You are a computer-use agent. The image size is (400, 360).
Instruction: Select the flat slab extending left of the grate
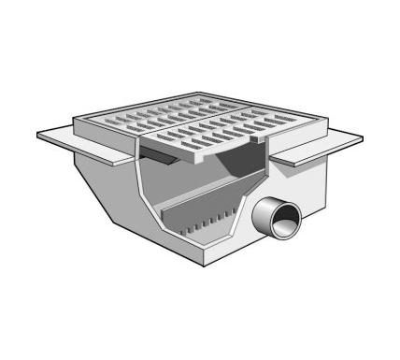coord(70,138)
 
